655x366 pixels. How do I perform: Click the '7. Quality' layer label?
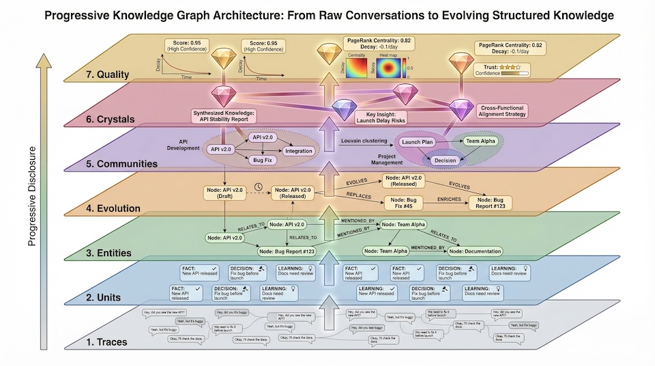(x=104, y=75)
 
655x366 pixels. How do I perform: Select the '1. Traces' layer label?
(x=104, y=341)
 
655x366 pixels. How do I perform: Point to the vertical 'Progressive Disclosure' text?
(x=32, y=195)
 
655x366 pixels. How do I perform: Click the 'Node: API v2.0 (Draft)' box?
(x=224, y=193)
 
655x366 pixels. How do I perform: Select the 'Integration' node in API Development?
(x=298, y=150)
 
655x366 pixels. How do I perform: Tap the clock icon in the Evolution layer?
(x=258, y=186)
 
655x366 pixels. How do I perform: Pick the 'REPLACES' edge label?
(x=359, y=195)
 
